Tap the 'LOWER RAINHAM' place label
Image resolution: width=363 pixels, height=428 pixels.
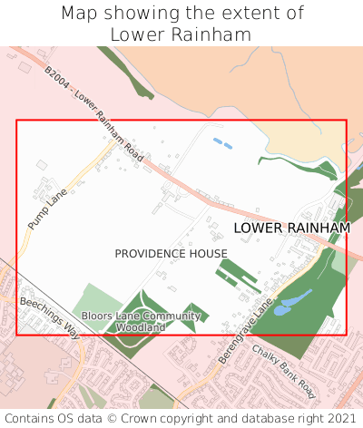(291, 228)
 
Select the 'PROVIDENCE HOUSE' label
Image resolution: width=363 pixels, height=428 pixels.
(171, 253)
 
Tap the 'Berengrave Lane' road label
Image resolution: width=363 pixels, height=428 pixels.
(246, 334)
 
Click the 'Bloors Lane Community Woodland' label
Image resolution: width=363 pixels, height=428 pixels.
(141, 321)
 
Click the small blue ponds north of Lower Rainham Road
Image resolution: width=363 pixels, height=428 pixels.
(221, 142)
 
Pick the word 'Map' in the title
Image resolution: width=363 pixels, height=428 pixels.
(79, 14)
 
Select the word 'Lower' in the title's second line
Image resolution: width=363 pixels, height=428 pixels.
(139, 34)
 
